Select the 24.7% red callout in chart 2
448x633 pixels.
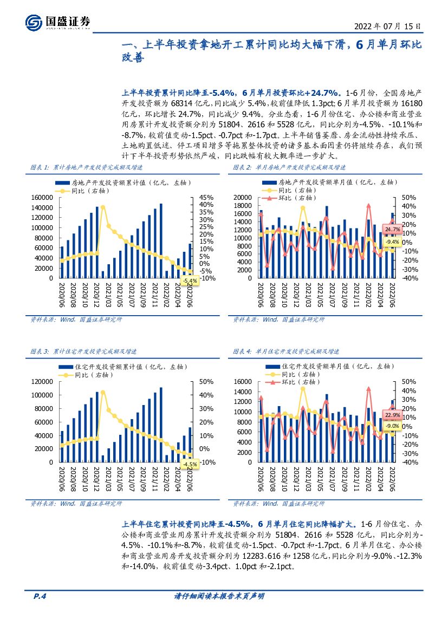tap(392, 230)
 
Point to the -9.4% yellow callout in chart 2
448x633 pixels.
tap(392, 242)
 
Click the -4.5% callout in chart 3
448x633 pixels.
tap(190, 465)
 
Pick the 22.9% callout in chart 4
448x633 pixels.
tap(393, 415)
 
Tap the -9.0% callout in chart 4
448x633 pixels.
tap(393, 426)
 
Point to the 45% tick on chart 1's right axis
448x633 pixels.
tap(206, 198)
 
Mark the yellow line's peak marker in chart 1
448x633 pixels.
tap(103, 207)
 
